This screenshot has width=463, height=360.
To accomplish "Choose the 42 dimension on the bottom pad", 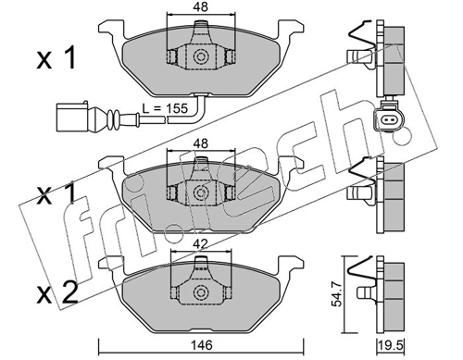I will coord(199,245).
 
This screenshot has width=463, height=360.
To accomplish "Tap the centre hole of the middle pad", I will coord(199,192).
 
